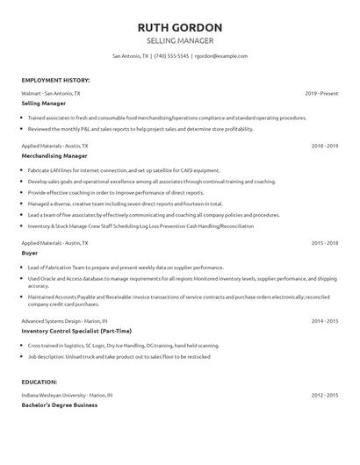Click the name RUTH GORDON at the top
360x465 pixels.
[179, 27]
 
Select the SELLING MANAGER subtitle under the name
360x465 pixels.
[179, 41]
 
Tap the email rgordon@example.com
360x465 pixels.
[220, 55]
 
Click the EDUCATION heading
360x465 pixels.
[40, 382]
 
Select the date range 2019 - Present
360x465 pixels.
[321, 92]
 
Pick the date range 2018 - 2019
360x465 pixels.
[324, 146]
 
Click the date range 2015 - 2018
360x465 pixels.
[324, 241]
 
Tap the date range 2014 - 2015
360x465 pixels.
[324, 320]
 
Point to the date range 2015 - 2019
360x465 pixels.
[324, 395]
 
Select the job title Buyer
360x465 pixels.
[30, 252]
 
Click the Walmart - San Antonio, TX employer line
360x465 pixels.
[51, 92]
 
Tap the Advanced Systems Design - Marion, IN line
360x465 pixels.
[64, 320]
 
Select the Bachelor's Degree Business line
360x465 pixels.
[60, 405]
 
